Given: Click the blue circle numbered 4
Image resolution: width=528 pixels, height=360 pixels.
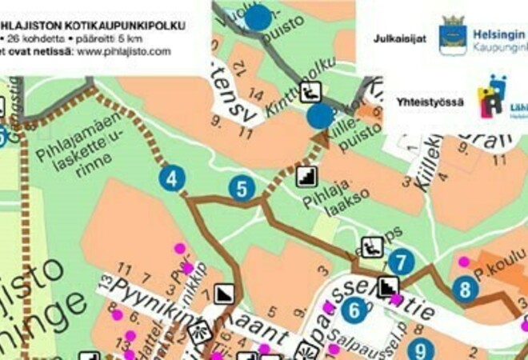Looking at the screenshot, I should coord(172,178).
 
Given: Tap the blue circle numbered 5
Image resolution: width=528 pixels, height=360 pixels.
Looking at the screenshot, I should coord(242,189).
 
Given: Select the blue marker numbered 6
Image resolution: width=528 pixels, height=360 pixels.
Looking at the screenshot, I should coord(354,309).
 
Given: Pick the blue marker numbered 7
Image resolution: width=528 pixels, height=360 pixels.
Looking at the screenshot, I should coord(403,261).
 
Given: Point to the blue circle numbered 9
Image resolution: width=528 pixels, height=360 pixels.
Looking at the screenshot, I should coord(420,350).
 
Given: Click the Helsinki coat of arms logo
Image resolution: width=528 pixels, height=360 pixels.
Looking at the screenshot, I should coord(453,34).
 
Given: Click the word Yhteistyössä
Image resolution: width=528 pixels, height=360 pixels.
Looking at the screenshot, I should coord(426,102).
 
